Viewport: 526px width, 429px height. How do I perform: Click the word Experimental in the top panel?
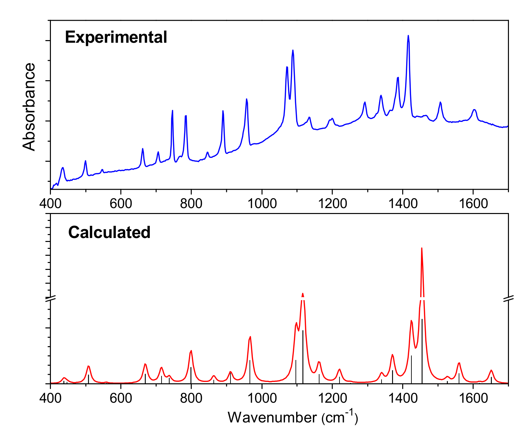pos(116,37)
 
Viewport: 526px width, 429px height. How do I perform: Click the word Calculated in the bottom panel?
pos(109,232)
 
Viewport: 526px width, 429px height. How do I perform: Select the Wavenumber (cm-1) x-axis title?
pos(293,417)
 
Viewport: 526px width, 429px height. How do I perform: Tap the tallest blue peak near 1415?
pos(408,36)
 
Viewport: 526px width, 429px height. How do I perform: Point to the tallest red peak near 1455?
pos(422,249)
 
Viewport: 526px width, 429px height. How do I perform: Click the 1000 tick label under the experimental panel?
pos(262,203)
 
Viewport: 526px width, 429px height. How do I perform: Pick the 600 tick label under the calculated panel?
pos(121,398)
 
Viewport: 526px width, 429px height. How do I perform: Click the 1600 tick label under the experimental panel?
pos(473,203)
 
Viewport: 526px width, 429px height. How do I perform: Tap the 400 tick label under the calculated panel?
pos(50,398)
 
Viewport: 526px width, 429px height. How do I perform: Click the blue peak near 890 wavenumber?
pos(223,111)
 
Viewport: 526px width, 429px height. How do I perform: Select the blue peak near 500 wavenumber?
pos(85,161)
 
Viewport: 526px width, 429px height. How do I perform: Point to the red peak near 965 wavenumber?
pos(250,337)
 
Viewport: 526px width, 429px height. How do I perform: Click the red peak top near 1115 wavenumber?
pos(303,294)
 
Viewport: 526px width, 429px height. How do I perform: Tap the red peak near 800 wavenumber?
pos(191,351)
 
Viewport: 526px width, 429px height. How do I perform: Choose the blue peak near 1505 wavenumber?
pos(440,102)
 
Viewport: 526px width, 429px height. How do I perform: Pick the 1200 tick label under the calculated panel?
pos(332,398)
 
